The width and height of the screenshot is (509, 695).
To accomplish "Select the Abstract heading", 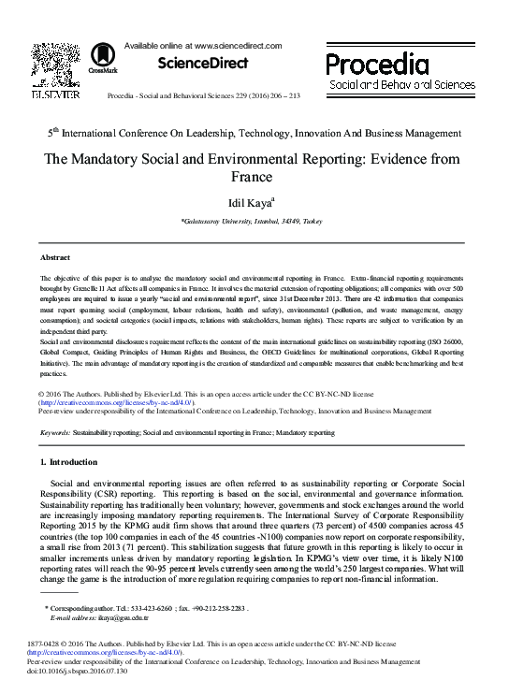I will click(x=55, y=256).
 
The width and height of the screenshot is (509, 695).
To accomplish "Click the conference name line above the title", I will click(x=254, y=133).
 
